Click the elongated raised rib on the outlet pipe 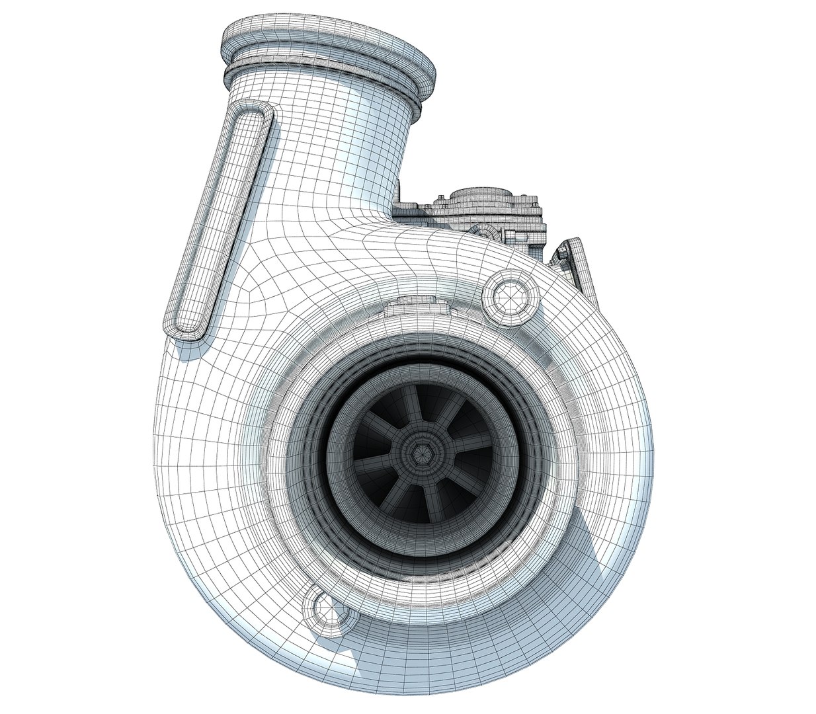220,219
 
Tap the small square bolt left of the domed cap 438,198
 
